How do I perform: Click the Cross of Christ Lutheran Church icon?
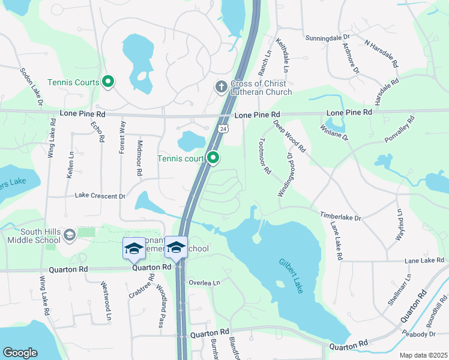pyautogui.click(x=220, y=87)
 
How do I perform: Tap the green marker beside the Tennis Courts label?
pyautogui.click(x=108, y=82)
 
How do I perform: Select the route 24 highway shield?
pyautogui.click(x=223, y=128)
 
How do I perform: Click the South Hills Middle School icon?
pyautogui.click(x=70, y=234)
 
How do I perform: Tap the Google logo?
pyautogui.click(x=20, y=353)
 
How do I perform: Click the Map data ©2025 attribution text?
pyautogui.click(x=423, y=355)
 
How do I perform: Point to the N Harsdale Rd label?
pyautogui.click(x=382, y=53)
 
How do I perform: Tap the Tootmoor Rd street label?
pyautogui.click(x=263, y=155)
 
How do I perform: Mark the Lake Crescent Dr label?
pyautogui.click(x=100, y=196)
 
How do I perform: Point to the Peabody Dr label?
pyautogui.click(x=423, y=334)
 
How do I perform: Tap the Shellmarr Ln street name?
pyautogui.click(x=400, y=290)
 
